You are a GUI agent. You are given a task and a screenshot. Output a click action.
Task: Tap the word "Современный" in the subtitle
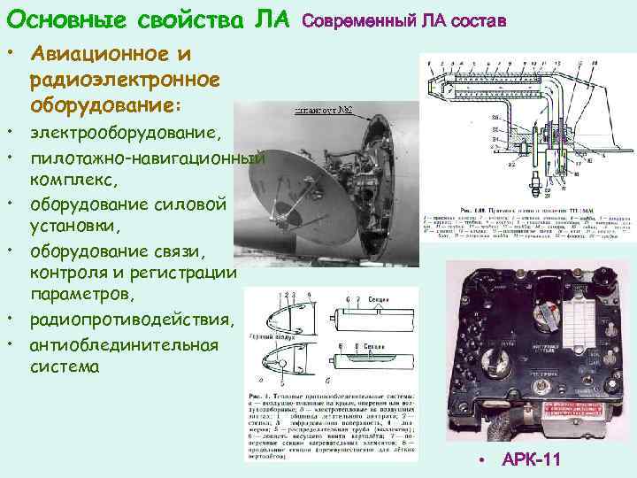tap(353, 19)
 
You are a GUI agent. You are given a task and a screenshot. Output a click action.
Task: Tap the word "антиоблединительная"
tap(124, 344)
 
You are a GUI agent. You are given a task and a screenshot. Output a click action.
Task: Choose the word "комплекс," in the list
tap(73, 180)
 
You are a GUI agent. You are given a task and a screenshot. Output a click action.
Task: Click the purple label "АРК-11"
tap(532, 459)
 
